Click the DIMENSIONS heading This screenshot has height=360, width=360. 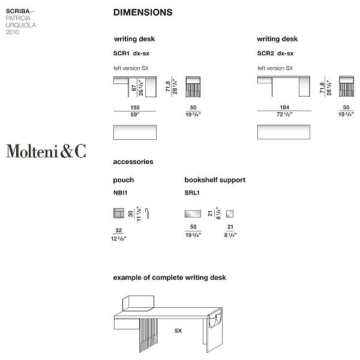point(142,12)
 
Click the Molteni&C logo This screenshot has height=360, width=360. point(46,151)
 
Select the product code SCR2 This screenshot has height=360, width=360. point(265,53)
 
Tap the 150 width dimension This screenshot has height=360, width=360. point(134,107)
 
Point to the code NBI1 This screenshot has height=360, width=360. point(120,193)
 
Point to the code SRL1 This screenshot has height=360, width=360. point(192,193)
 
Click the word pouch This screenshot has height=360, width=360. point(123,180)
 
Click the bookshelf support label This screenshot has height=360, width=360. point(215,180)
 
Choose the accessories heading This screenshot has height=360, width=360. point(133,162)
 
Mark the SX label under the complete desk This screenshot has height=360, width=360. point(178,331)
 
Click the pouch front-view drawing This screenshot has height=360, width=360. point(118,213)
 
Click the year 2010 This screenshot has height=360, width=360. point(13,32)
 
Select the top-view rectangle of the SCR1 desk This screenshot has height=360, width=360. point(134,132)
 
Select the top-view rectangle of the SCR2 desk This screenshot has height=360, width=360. point(283,132)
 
